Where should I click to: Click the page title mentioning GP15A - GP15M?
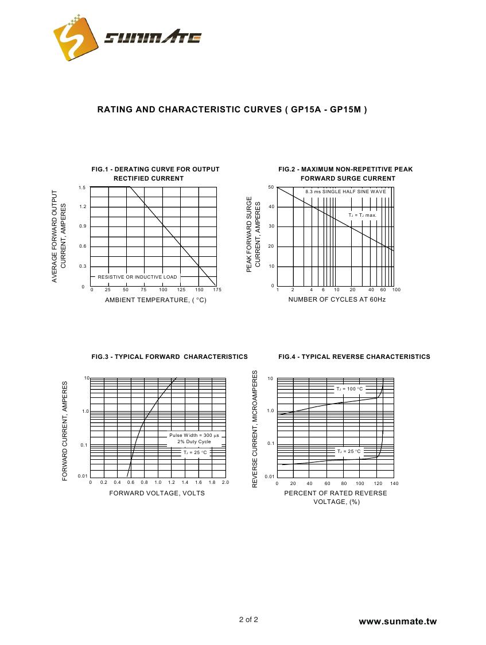point(232,109)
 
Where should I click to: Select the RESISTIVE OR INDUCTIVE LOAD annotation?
point(137,277)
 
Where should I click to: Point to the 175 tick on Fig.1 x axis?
point(217,290)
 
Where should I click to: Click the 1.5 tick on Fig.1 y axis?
point(83,188)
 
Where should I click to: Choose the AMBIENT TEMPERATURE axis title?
point(155,300)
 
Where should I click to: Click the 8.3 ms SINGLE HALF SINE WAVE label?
point(345,191)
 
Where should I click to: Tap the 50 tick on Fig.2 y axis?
point(271,187)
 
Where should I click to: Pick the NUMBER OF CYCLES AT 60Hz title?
point(337,299)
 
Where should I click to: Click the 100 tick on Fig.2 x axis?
point(396,290)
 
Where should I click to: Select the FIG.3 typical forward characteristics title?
point(170,357)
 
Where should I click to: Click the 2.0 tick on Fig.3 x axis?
point(225,483)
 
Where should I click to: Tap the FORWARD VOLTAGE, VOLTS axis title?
point(157,493)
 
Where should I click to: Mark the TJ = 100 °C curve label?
point(349,389)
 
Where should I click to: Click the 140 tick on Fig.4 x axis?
point(394,484)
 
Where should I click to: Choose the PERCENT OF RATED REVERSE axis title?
point(336,493)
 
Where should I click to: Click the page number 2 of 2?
point(248,620)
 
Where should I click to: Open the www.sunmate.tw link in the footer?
point(398,621)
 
